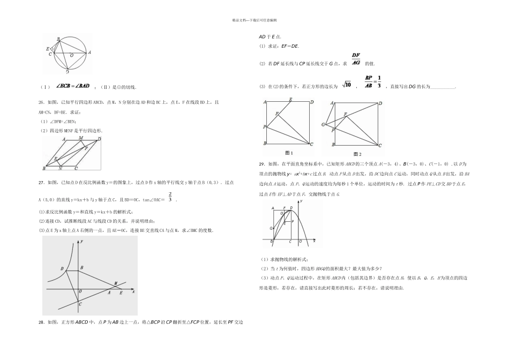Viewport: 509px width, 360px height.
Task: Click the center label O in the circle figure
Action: tap(72, 55)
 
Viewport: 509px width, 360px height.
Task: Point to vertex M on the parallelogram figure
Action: tap(81, 138)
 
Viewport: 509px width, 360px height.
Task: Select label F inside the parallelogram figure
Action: tap(86, 147)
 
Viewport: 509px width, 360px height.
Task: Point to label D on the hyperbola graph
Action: tap(62, 268)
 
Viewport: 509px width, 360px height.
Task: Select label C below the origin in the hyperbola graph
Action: tap(80, 304)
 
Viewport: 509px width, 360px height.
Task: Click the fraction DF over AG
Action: tap(356, 59)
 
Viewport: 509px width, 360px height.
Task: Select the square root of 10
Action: tap(346, 85)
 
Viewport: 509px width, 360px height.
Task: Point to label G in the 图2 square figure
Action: tap(324, 125)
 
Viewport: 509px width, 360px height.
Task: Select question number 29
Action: tap(261, 164)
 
